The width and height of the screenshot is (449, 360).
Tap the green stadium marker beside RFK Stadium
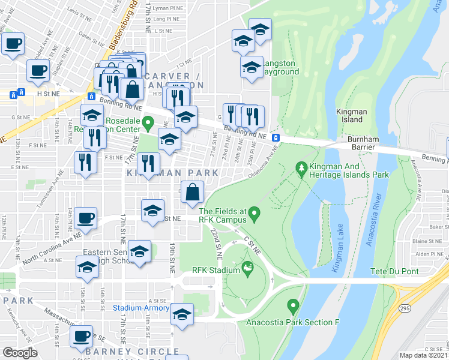246,268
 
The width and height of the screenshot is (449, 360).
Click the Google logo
20,353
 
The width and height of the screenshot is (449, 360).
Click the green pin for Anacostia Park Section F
293,306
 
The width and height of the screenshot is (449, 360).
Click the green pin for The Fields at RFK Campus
255,213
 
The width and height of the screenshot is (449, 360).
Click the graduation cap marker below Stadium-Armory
181,315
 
